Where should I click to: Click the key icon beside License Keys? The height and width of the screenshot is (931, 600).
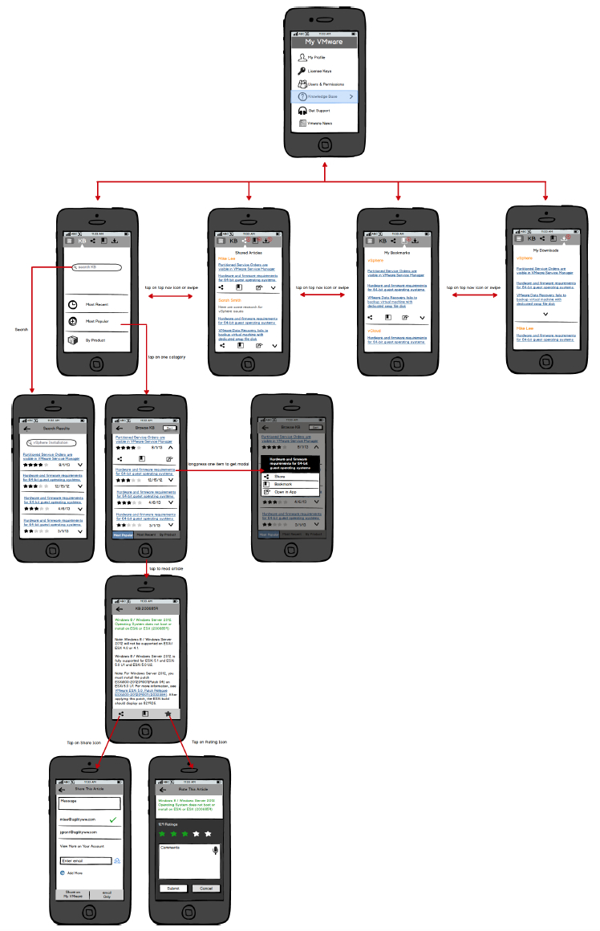(x=302, y=71)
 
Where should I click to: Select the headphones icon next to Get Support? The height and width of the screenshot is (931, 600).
(x=302, y=110)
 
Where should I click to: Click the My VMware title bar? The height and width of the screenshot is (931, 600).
(x=324, y=42)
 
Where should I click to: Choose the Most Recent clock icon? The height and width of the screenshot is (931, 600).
(x=73, y=305)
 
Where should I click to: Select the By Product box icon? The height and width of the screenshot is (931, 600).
(x=73, y=340)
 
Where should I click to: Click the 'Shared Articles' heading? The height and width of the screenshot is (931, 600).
(x=249, y=252)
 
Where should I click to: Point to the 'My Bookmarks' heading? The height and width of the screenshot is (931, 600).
(x=397, y=252)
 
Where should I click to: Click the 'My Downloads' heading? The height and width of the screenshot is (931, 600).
(x=546, y=250)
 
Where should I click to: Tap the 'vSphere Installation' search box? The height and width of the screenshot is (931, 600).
(x=52, y=442)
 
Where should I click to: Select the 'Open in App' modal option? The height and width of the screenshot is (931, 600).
(x=286, y=492)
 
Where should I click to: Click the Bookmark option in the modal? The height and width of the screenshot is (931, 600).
(x=283, y=484)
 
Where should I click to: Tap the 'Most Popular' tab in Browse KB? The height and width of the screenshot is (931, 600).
(x=123, y=534)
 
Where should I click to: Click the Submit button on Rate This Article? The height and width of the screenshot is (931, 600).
(x=172, y=888)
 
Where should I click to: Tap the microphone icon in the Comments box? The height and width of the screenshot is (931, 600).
(x=215, y=850)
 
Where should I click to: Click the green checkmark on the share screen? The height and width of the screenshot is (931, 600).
(x=113, y=819)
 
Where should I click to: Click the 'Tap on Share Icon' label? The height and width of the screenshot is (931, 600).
(x=83, y=743)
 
